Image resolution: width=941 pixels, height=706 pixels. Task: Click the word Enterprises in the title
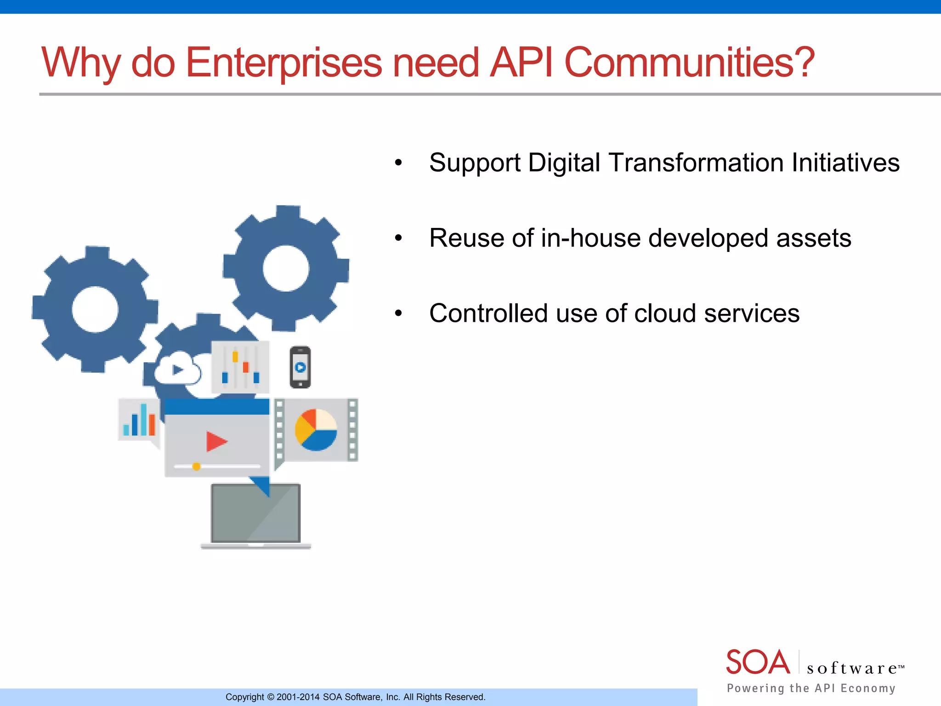click(x=283, y=63)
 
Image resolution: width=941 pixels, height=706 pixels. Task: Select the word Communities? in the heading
click(x=689, y=63)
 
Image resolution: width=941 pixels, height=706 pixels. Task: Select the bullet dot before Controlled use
click(x=398, y=313)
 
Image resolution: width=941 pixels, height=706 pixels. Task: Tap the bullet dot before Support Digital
click(x=398, y=163)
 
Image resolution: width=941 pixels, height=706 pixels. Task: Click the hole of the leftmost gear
click(x=95, y=309)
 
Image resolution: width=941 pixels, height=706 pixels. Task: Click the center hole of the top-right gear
click(x=286, y=268)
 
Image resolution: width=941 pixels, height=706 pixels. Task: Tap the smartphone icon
click(x=300, y=367)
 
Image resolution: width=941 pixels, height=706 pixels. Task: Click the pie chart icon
click(x=316, y=430)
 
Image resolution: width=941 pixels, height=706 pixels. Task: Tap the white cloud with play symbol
click(x=177, y=369)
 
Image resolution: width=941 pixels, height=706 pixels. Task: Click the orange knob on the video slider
click(x=196, y=467)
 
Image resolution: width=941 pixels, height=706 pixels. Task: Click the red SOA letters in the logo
click(x=758, y=663)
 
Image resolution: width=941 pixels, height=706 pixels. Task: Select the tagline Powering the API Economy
click(x=811, y=688)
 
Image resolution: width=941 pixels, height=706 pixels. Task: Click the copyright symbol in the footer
click(x=271, y=697)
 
